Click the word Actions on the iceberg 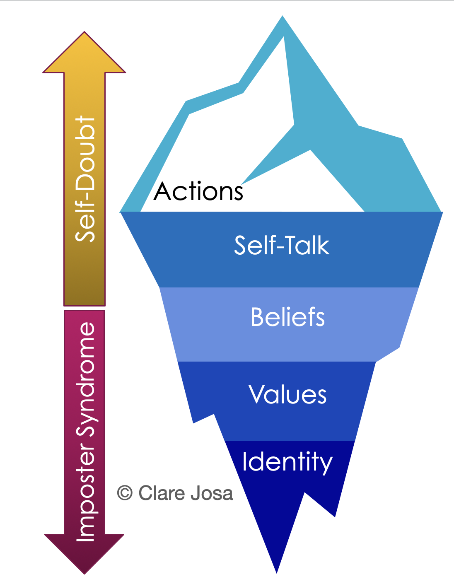198,191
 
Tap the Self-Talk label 282,245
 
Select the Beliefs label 288,317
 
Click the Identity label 287,462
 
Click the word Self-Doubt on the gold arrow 85,179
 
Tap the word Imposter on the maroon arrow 86,493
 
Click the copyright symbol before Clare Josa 125,493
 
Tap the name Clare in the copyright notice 162,493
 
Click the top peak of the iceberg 283,17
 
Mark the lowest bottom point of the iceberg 277,572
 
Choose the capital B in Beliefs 258,317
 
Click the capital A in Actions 163,191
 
